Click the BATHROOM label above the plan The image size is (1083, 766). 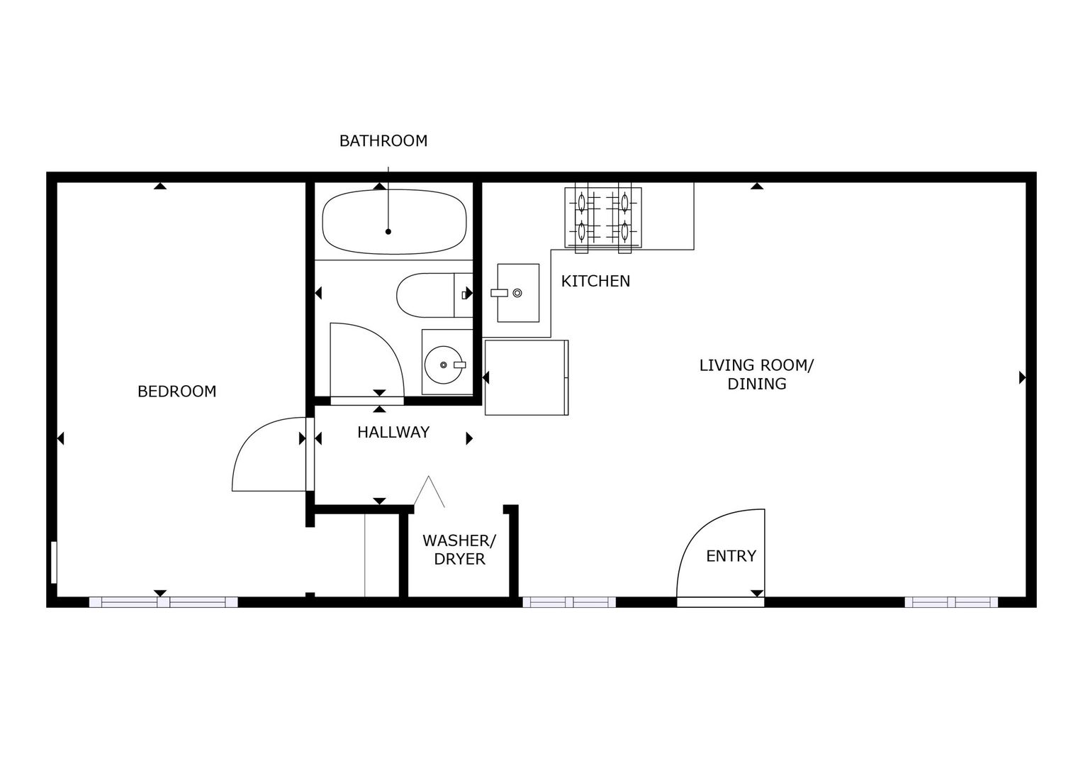(x=383, y=141)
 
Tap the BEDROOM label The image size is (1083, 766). (x=177, y=391)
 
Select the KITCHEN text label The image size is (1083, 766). (x=595, y=281)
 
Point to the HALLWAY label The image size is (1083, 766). (x=393, y=432)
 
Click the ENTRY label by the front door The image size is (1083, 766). (x=731, y=556)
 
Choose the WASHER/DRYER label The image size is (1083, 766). (x=459, y=550)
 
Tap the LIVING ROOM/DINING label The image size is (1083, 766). (x=757, y=374)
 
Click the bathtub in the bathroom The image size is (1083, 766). (x=394, y=221)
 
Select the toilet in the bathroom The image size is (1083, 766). (x=434, y=295)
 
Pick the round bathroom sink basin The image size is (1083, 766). (x=444, y=365)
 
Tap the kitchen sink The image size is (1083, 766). (x=518, y=293)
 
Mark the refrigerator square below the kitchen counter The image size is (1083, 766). (x=527, y=377)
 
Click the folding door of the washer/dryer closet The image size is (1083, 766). (x=429, y=492)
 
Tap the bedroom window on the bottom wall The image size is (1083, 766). (x=164, y=602)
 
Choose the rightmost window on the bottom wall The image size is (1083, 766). (x=951, y=602)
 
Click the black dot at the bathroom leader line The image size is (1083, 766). (x=388, y=232)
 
